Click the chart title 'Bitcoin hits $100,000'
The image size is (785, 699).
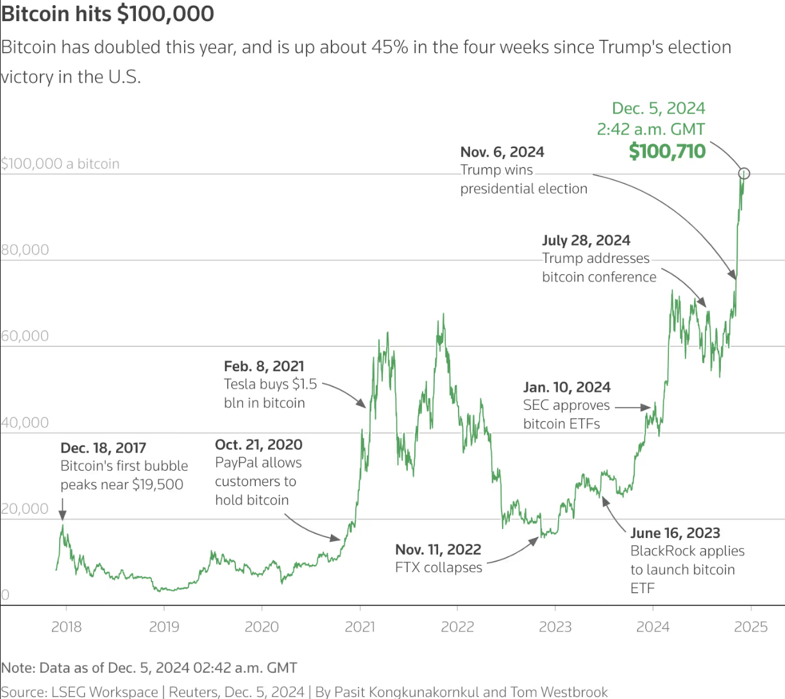pyautogui.click(x=108, y=14)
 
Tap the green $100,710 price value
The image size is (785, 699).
pyautogui.click(x=667, y=151)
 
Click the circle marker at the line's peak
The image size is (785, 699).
pyautogui.click(x=744, y=173)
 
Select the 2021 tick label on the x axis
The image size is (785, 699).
pyautogui.click(x=360, y=627)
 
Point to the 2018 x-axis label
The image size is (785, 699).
pyautogui.click(x=66, y=627)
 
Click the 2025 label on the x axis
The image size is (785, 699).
pyautogui.click(x=750, y=627)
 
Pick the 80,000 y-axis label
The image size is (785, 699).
pyautogui.click(x=25, y=249)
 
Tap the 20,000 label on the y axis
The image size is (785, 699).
pyautogui.click(x=25, y=509)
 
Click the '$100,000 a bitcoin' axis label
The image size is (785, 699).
pyautogui.click(x=60, y=164)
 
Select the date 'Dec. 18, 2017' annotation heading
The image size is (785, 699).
pyautogui.click(x=103, y=448)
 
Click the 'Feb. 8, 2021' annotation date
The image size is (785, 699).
pyautogui.click(x=264, y=366)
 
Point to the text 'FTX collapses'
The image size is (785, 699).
pyautogui.click(x=439, y=568)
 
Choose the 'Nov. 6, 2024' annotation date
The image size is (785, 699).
pyautogui.click(x=502, y=152)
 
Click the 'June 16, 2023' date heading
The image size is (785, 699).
pyautogui.click(x=675, y=533)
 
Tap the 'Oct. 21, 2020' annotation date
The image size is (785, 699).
pyautogui.click(x=258, y=444)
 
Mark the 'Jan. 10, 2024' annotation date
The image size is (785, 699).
pyautogui.click(x=567, y=387)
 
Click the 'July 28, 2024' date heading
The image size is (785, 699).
pyautogui.click(x=586, y=240)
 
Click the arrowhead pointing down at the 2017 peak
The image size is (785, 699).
pyautogui.click(x=62, y=515)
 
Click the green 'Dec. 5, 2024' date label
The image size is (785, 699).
pyautogui.click(x=658, y=108)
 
